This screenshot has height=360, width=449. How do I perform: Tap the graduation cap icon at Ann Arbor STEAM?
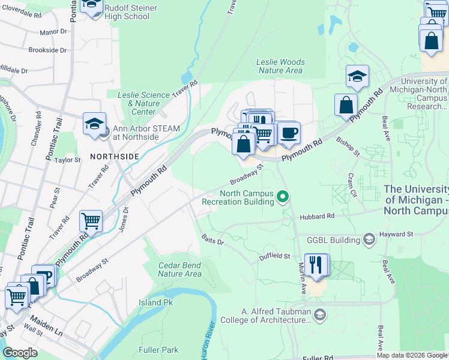95,124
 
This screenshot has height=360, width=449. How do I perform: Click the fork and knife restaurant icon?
316,265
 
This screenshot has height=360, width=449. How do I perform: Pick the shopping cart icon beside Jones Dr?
91,220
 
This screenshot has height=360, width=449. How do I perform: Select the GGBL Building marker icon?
369,240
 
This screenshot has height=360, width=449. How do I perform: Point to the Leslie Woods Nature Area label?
280,66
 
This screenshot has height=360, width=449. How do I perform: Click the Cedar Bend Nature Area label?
180,269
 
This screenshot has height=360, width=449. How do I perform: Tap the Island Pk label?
155,302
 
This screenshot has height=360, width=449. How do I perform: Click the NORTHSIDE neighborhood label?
114,156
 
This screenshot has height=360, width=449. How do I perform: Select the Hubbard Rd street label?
319,216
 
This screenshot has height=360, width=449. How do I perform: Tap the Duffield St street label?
274,256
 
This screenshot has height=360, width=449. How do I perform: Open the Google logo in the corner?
20,353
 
